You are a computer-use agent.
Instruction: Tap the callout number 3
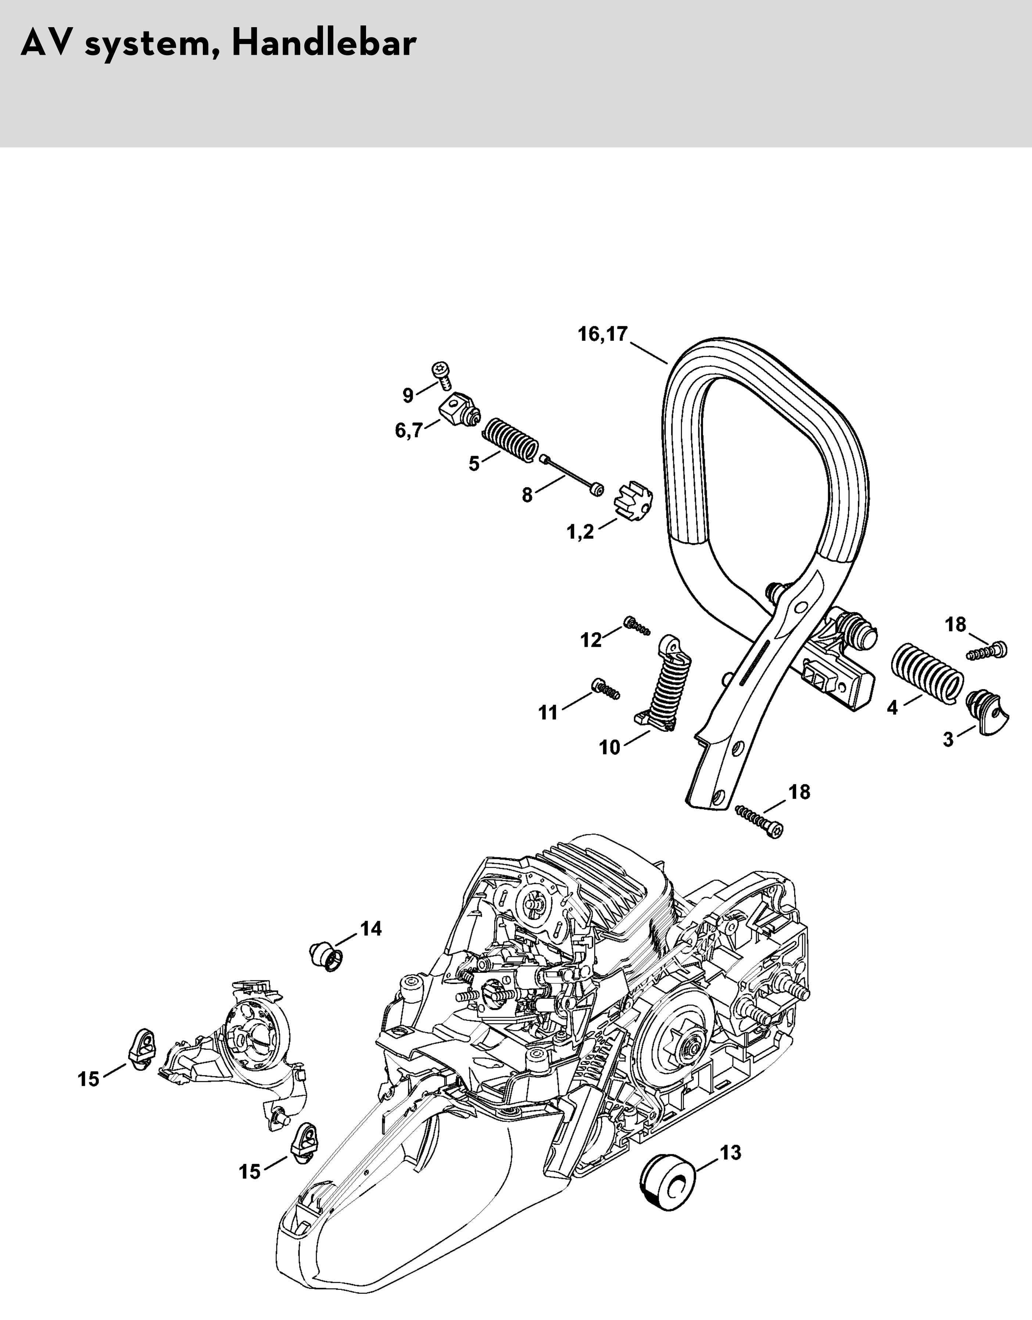(948, 739)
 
